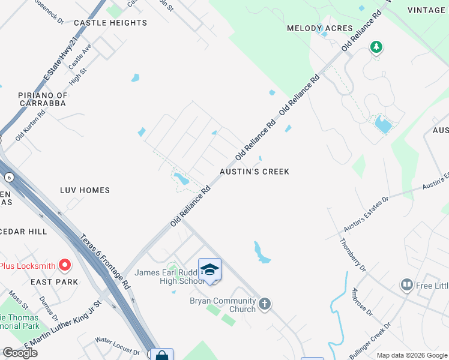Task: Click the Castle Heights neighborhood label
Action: [110, 23]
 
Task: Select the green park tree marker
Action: [376, 47]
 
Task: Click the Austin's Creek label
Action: [255, 172]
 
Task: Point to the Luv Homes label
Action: [85, 190]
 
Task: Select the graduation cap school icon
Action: [209, 270]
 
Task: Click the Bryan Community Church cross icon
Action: [264, 305]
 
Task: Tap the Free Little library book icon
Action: [407, 285]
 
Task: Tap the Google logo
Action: [20, 353]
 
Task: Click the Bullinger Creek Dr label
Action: [371, 339]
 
